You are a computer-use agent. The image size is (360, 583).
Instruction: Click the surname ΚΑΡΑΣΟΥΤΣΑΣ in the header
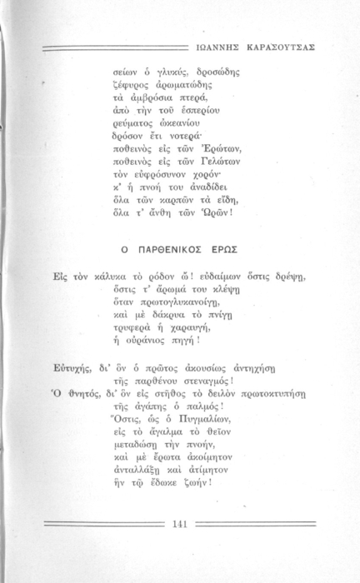pos(277,47)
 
